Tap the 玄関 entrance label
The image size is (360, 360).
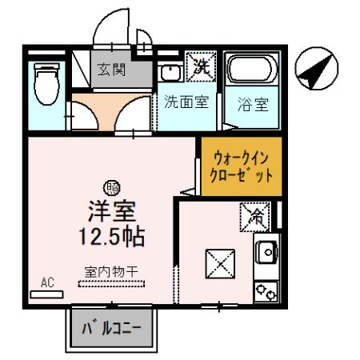pyautogui.click(x=111, y=70)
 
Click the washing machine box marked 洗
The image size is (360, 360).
pyautogui.click(x=198, y=67)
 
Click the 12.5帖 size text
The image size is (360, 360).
pyautogui.click(x=114, y=237)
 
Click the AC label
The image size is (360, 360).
pyautogui.click(x=47, y=282)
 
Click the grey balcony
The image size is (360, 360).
pyautogui.click(x=112, y=328)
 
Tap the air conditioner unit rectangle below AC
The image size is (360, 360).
pyautogui.click(x=46, y=294)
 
